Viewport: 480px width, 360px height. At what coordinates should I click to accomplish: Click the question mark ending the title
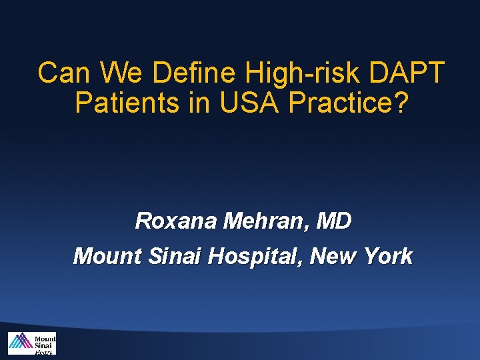(x=398, y=103)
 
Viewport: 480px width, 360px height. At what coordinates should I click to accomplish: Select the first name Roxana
(x=175, y=221)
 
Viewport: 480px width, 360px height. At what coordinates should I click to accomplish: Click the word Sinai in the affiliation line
(x=170, y=256)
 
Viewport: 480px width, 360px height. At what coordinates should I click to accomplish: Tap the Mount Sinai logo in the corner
(x=31, y=343)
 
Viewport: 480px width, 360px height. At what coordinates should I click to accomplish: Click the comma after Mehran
(x=307, y=227)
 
